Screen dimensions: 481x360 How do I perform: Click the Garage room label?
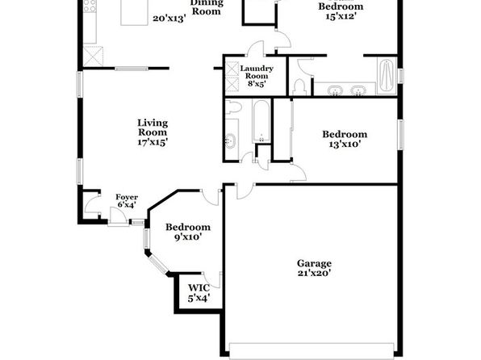tap(314, 264)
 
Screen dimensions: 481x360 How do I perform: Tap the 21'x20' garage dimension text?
tap(314, 273)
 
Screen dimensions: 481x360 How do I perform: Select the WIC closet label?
tap(199, 288)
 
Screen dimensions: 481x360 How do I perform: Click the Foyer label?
tap(127, 197)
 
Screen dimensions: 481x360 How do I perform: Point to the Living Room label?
tap(153, 128)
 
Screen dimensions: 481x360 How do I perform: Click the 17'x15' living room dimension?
tap(153, 142)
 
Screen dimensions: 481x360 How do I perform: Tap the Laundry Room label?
tap(257, 72)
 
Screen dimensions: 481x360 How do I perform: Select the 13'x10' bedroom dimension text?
tap(345, 144)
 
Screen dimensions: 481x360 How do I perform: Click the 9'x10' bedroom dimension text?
tap(188, 237)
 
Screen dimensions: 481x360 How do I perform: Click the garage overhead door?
tap(312, 351)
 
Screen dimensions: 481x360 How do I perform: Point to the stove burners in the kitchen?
tap(90, 6)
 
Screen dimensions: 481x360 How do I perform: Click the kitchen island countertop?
tap(134, 12)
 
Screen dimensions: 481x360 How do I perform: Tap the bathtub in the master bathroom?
tap(387, 76)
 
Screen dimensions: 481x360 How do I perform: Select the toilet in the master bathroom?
tap(299, 87)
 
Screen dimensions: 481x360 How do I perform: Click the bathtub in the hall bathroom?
tap(261, 120)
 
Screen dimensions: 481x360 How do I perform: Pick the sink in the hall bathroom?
tap(230, 141)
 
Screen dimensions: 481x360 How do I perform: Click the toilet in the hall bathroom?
tap(233, 107)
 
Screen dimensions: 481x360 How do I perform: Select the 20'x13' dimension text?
tap(169, 19)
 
